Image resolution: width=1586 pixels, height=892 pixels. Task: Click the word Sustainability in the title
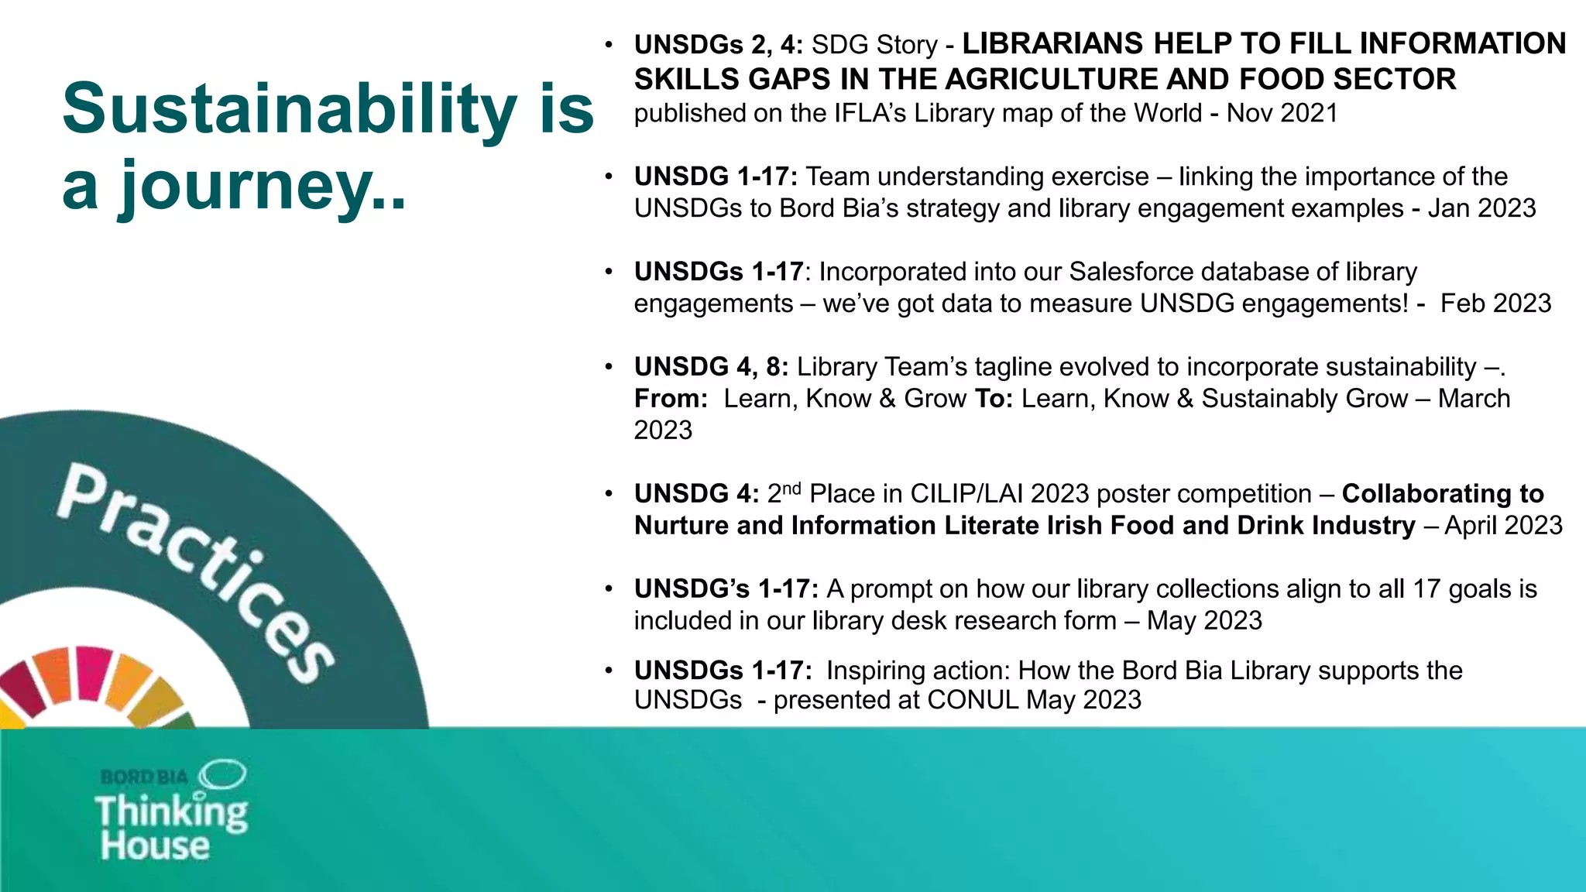coord(289,108)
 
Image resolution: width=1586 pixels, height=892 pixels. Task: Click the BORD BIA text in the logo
coord(145,777)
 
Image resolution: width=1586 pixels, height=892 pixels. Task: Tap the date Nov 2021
coord(1282,114)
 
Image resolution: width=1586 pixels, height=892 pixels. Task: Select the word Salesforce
coord(1139,272)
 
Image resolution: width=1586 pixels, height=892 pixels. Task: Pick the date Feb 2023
coord(1495,304)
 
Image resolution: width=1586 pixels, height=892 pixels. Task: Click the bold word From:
coord(671,399)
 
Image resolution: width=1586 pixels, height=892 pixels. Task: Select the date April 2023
coord(1503,526)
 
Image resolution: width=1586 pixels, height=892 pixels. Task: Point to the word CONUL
coord(973,700)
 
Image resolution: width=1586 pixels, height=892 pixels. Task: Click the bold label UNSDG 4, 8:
coord(711,367)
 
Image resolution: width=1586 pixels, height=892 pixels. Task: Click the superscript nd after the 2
coord(791,488)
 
